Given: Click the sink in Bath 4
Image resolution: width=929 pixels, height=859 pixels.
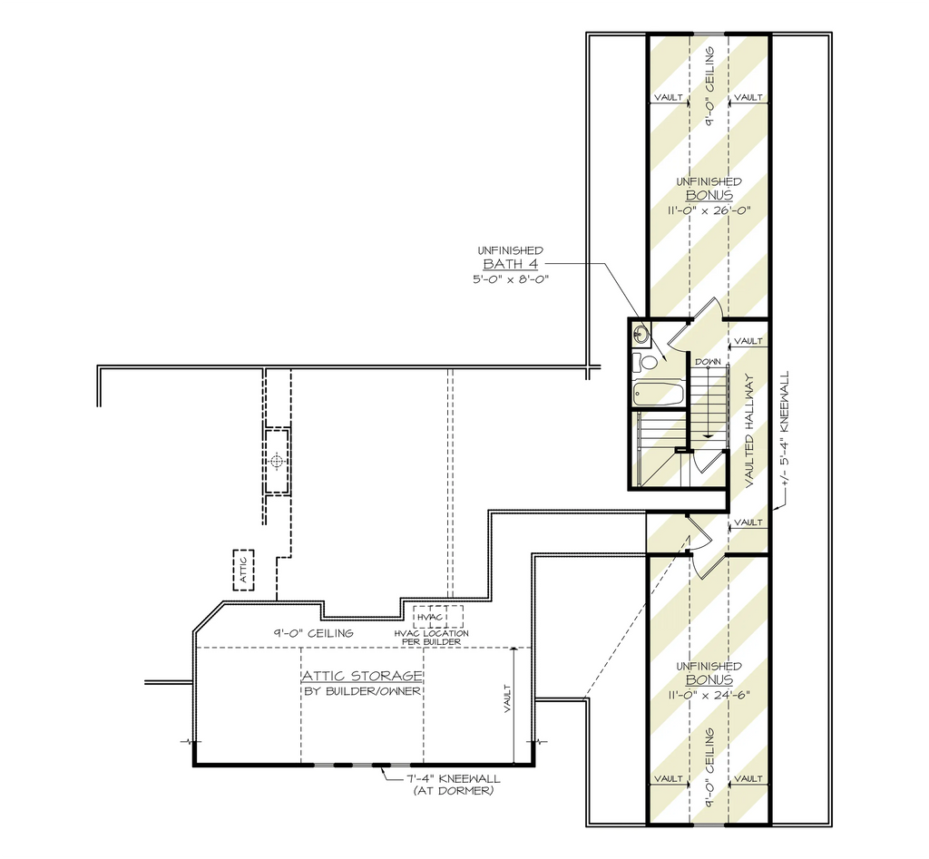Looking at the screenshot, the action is tap(641, 334).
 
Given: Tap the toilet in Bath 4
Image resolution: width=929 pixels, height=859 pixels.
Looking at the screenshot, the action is tap(641, 362).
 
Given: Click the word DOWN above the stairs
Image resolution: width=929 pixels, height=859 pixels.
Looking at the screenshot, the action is tap(708, 361).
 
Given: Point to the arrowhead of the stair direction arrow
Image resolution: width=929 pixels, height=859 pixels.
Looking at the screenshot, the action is tap(708, 434).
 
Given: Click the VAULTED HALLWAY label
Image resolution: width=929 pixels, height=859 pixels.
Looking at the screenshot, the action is tap(749, 431).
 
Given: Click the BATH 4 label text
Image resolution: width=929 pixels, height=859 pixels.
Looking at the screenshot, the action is tap(510, 264).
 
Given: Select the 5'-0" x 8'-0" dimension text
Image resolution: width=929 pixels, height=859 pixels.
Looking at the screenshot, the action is tap(512, 279).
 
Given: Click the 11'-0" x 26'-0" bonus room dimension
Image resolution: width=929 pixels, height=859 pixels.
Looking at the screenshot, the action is tap(709, 210).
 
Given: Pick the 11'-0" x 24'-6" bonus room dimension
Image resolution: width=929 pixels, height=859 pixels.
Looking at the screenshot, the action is tap(709, 694).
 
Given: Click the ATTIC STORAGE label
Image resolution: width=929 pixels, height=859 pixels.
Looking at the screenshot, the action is tap(363, 676).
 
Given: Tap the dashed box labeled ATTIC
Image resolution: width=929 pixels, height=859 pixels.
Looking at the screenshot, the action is tap(243, 570).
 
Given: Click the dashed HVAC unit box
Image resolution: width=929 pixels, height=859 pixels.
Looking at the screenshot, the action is tap(438, 617).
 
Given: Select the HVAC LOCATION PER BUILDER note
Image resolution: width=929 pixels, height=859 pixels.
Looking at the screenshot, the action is tap(431, 638).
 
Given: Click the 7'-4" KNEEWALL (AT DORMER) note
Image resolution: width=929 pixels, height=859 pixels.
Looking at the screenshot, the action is tap(454, 785).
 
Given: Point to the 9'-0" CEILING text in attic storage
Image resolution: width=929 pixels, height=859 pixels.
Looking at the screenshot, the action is tap(313, 633).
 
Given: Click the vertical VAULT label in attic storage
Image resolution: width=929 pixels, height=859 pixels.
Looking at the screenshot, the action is tap(507, 699).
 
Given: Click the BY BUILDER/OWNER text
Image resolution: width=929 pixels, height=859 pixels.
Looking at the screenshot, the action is tap(363, 691).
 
